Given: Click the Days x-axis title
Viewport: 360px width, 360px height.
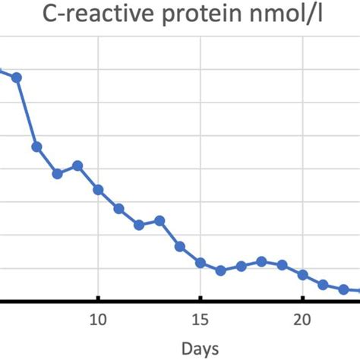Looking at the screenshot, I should coord(201,348).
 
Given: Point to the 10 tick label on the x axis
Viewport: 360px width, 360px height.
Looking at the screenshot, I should coord(98,317).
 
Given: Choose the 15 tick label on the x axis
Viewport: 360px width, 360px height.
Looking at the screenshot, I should coord(201,317).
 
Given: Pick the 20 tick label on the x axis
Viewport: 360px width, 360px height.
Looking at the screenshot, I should coord(302,317).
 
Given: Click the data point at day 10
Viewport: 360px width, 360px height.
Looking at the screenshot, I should coord(98,189).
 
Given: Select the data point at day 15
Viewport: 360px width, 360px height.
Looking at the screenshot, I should coord(201,263).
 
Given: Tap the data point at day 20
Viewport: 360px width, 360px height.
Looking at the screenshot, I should coord(302,274).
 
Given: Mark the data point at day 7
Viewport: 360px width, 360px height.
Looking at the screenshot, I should coord(36,147).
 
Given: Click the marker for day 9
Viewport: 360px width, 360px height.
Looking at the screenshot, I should coord(77,166).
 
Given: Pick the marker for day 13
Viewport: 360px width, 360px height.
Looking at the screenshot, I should coord(159,220).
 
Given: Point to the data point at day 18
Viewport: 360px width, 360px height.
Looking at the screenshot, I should coord(261,261).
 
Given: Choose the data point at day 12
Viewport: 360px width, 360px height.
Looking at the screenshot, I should coord(139,225).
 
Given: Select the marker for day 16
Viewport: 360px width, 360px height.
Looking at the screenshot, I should coord(221,270).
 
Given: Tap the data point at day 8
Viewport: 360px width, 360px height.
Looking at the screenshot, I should coord(57,174).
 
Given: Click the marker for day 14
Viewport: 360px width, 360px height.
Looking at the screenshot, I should coord(180,246).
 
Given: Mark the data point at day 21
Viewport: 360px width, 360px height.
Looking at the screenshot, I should coord(323,285).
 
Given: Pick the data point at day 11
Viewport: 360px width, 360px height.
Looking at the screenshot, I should coord(118,208).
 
